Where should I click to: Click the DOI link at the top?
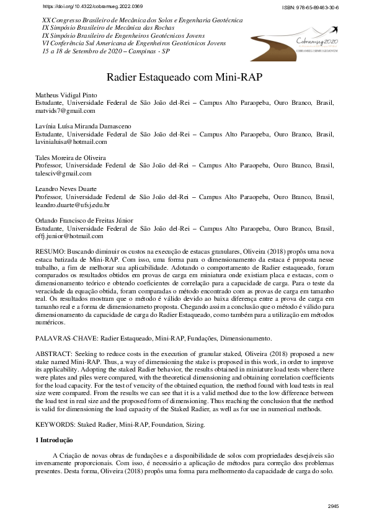pos(92,6)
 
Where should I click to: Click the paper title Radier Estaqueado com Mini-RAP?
pos(184,79)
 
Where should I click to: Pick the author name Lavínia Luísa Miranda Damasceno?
pos(83,126)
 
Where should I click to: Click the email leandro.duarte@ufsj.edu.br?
pos(73,205)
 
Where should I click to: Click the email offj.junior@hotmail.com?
pos(69,236)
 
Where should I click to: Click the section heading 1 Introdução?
pos(55,440)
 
